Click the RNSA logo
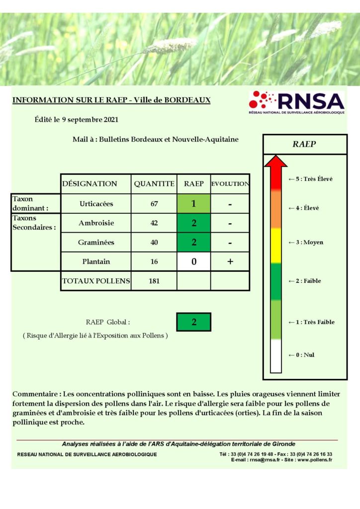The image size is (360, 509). click(x=296, y=103)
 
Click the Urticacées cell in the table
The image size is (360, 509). click(x=96, y=204)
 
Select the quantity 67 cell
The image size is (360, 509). click(x=154, y=204)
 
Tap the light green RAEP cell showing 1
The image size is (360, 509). click(x=193, y=204)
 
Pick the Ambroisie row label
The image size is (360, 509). click(x=96, y=223)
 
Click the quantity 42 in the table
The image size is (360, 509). click(x=154, y=223)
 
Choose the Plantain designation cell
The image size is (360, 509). click(x=96, y=261)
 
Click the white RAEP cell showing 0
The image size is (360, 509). click(x=193, y=261)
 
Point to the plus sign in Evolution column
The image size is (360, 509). click(x=230, y=261)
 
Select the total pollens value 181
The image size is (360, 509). click(x=154, y=281)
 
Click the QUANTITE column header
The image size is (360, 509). click(x=154, y=184)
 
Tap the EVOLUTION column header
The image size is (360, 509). click(x=230, y=184)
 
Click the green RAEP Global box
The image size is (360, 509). click(x=193, y=322)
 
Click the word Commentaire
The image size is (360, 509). click(x=33, y=394)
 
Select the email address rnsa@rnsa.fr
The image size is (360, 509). click(x=264, y=460)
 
